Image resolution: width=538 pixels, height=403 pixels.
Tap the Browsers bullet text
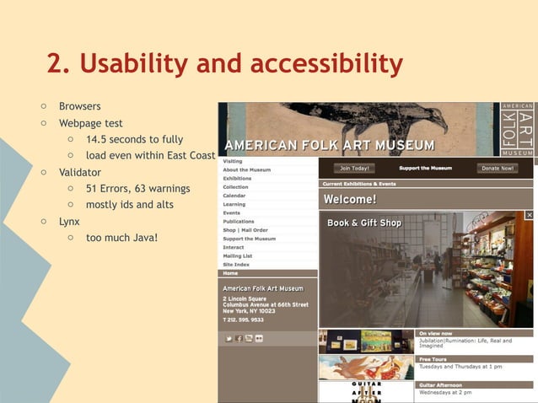point(79,106)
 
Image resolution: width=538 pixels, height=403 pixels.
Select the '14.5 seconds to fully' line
point(134,139)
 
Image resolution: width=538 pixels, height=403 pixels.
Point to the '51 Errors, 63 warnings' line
point(137,188)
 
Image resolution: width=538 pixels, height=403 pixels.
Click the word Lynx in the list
point(69,221)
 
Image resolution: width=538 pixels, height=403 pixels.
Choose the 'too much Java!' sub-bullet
point(121,237)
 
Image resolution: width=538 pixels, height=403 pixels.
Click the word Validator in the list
point(80,172)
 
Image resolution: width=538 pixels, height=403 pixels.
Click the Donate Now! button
point(498,169)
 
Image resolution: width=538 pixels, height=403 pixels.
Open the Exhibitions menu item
point(237,179)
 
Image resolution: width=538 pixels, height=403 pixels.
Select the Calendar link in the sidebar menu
point(234,196)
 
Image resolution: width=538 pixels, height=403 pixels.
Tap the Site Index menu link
point(236,265)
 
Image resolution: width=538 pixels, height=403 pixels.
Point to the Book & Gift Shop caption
point(364,223)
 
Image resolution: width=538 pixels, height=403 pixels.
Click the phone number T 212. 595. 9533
point(244,320)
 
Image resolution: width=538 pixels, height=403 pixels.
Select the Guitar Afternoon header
point(444,384)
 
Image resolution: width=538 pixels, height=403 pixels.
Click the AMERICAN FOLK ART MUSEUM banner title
point(336,145)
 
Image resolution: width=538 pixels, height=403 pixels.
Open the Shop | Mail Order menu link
point(245,230)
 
